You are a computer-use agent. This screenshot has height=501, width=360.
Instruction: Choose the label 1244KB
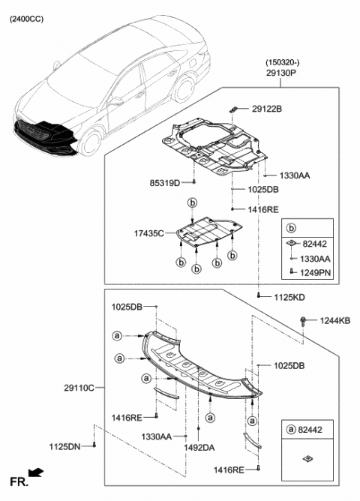[x=334, y=321]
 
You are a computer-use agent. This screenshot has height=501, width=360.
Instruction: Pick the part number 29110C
[x=79, y=387]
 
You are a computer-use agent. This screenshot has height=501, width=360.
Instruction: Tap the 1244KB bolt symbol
[x=303, y=322]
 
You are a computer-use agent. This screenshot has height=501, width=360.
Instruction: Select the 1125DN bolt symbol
[x=95, y=446]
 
